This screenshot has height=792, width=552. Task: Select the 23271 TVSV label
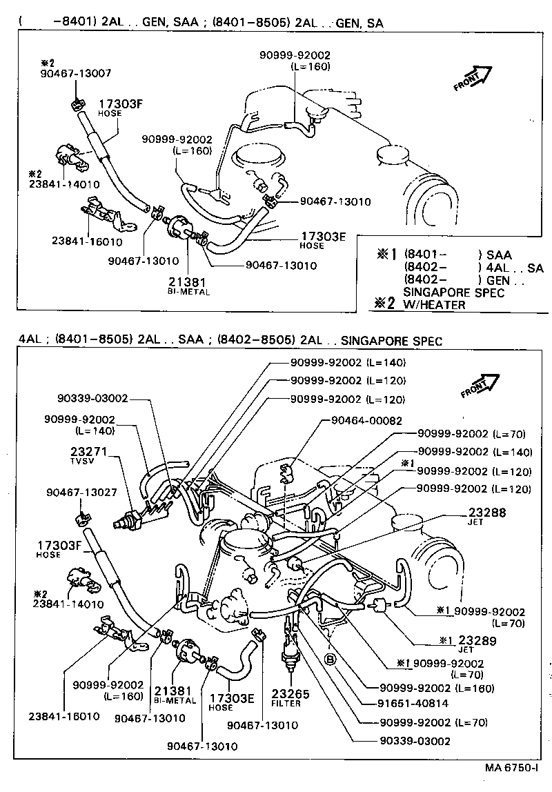click(87, 456)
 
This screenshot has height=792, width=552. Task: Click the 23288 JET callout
click(487, 517)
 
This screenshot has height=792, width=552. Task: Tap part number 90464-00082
click(366, 420)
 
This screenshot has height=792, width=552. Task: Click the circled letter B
click(331, 660)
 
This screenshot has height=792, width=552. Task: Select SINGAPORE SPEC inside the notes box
click(453, 293)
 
